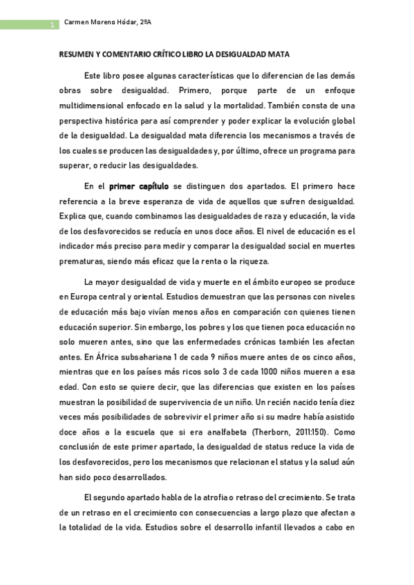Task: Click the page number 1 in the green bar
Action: (x=51, y=26)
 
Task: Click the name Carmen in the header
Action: (x=78, y=22)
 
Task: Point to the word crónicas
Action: (x=243, y=342)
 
